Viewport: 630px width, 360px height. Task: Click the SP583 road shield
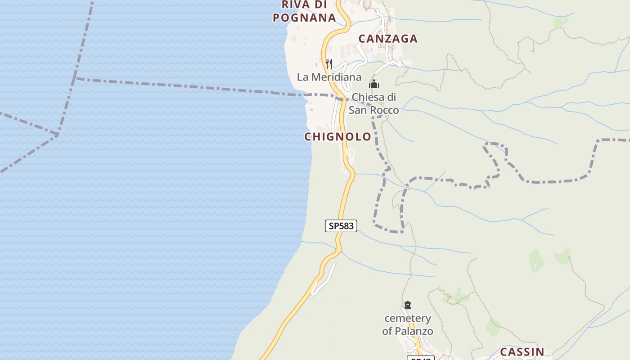(x=341, y=226)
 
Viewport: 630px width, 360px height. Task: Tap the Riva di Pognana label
(x=305, y=11)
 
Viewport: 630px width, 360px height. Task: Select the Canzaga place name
(x=388, y=39)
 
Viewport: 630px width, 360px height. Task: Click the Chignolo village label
(x=338, y=137)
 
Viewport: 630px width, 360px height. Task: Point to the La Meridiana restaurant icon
(x=329, y=64)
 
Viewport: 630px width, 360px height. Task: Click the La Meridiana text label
(x=329, y=77)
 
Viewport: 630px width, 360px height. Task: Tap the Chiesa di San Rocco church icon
(x=373, y=84)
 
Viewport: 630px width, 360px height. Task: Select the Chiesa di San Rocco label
(x=374, y=103)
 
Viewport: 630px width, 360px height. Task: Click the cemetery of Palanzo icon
(x=408, y=305)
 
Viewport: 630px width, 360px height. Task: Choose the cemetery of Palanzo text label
(x=408, y=325)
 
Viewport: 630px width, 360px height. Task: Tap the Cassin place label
(x=522, y=352)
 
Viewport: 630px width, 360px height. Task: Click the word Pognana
(x=305, y=18)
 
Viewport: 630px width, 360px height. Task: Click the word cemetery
(x=408, y=319)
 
